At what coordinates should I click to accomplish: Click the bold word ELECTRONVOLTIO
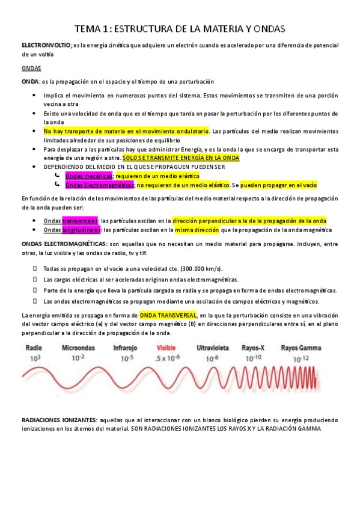(46, 46)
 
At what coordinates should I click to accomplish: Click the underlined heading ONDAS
(31, 69)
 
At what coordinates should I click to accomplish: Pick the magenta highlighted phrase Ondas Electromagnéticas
(96, 185)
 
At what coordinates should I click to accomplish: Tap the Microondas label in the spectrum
(79, 348)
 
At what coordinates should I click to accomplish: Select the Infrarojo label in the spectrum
(126, 348)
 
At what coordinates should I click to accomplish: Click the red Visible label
(166, 348)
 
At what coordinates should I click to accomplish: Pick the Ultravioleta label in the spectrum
(213, 348)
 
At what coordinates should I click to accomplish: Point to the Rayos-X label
(255, 348)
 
